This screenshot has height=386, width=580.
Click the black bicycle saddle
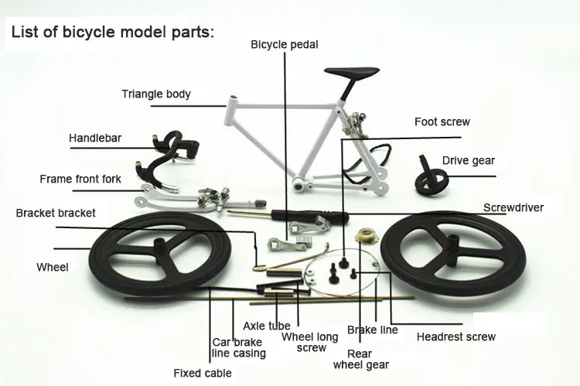pos(351,73)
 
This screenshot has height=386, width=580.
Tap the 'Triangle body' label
pos(156,94)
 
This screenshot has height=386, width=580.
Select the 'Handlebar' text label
pos(95,138)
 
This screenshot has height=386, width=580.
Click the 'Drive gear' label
pos(469,161)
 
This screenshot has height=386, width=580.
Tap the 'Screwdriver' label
pos(513,207)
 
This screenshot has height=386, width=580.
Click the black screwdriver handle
pos(310,217)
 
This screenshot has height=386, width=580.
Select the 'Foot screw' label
pos(442,121)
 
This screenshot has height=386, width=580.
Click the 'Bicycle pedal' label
pos(284,44)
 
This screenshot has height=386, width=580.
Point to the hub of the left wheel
pos(161,250)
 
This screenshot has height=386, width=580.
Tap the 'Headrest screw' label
pos(456,336)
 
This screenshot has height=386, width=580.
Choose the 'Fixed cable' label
pos(203,373)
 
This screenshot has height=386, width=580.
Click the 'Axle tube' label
pos(267,326)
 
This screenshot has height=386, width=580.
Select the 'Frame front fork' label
pos(80,179)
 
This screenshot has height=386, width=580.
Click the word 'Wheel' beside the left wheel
pos(53,267)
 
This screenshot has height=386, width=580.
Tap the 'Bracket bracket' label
pos(56,213)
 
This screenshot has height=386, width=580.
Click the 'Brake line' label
pos(373,330)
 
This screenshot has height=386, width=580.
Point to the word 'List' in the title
pos(24,32)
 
